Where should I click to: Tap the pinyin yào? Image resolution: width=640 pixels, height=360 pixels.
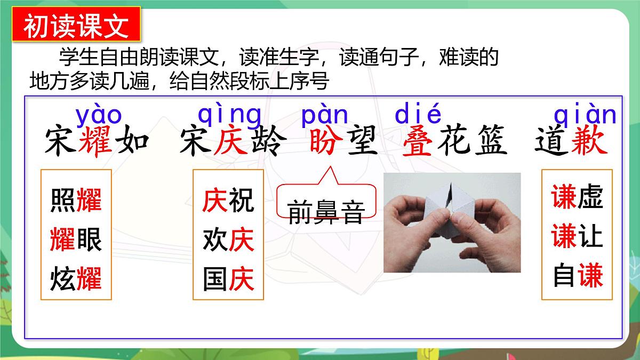[99, 115]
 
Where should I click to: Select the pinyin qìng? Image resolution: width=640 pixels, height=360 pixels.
[230, 115]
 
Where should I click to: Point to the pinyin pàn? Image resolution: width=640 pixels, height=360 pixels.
[325, 115]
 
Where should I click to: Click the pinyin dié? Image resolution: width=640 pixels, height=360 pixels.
[418, 115]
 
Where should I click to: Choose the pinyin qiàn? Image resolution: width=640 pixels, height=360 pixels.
[585, 115]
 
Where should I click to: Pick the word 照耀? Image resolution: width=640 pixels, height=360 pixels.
[76, 200]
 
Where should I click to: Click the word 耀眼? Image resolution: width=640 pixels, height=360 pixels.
[76, 239]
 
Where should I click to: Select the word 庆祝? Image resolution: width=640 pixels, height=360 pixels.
[228, 200]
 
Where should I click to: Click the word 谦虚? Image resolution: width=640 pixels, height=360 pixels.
[578, 197]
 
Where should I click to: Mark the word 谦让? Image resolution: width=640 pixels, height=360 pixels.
[578, 236]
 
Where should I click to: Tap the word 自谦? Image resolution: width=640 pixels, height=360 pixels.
[578, 276]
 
